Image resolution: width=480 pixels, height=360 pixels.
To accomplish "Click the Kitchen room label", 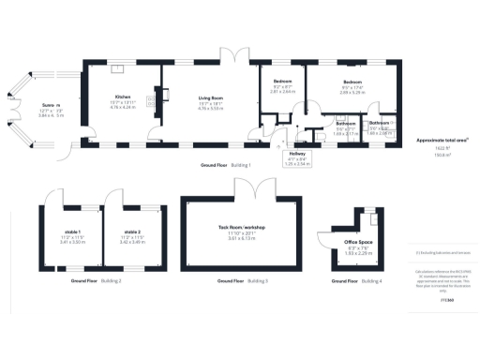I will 123,97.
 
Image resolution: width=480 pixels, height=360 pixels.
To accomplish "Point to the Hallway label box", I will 296,158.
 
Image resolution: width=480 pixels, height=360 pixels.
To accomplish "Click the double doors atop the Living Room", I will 231,54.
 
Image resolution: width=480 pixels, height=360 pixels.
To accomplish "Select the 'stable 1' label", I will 72,231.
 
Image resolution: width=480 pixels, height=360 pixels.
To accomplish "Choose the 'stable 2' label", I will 131,231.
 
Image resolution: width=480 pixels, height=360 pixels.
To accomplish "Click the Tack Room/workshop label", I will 243,228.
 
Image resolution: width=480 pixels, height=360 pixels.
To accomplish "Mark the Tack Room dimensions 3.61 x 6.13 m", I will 243,239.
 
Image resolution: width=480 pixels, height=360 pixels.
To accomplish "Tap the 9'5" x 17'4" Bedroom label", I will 352,87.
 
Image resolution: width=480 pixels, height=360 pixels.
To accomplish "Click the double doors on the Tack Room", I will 253,188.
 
